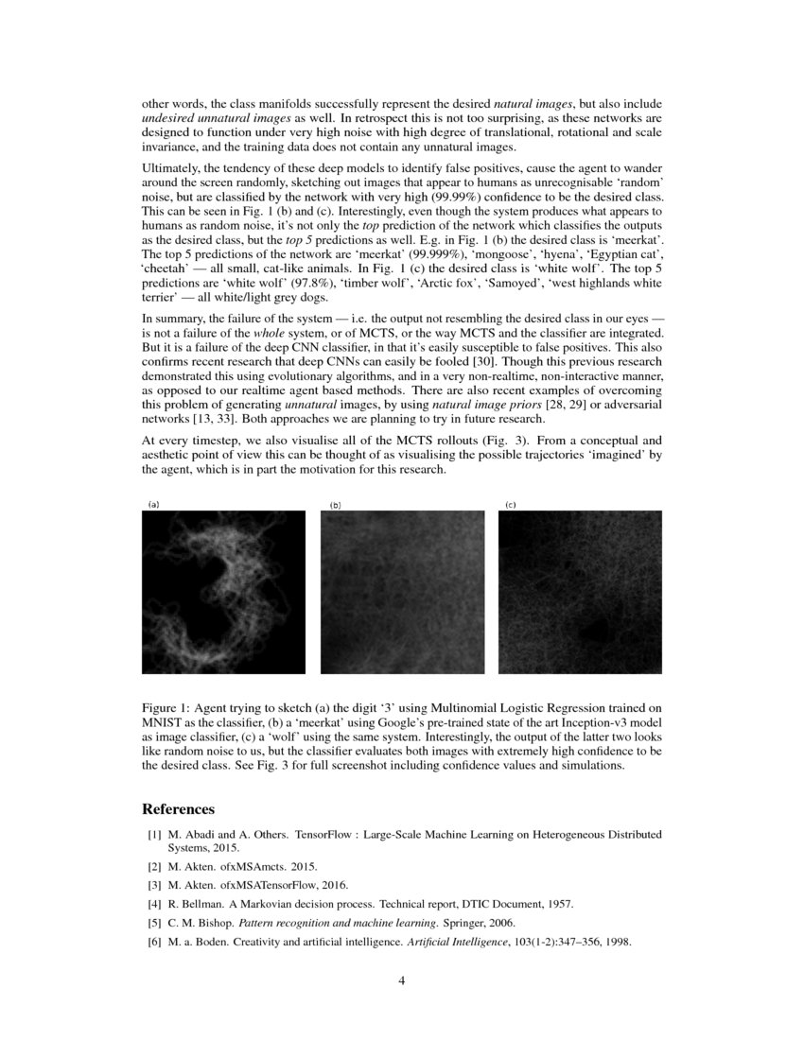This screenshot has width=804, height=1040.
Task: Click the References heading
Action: tap(178, 809)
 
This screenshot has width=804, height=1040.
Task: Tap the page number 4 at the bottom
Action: tap(402, 980)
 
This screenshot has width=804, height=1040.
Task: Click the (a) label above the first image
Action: tap(152, 505)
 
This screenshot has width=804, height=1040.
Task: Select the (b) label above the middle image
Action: tap(335, 506)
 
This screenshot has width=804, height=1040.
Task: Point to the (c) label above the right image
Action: tap(510, 505)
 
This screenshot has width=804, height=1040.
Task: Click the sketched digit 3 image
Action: tap(223, 592)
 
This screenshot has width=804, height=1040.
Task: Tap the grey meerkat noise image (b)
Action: tap(402, 592)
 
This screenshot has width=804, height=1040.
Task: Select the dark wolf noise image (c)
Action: tap(580, 592)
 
